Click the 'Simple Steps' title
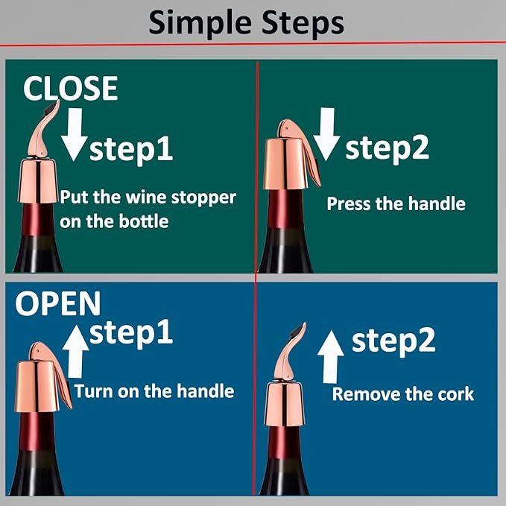[246, 23]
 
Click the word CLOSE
[71, 89]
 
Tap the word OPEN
[58, 303]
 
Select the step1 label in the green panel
[131, 149]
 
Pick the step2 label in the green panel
[388, 148]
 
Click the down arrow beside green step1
[75, 134]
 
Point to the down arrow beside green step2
[326, 134]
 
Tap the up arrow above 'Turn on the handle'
[75, 351]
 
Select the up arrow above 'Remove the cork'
[330, 357]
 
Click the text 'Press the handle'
[396, 204]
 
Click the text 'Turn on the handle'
[154, 391]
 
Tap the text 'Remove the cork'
[403, 394]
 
